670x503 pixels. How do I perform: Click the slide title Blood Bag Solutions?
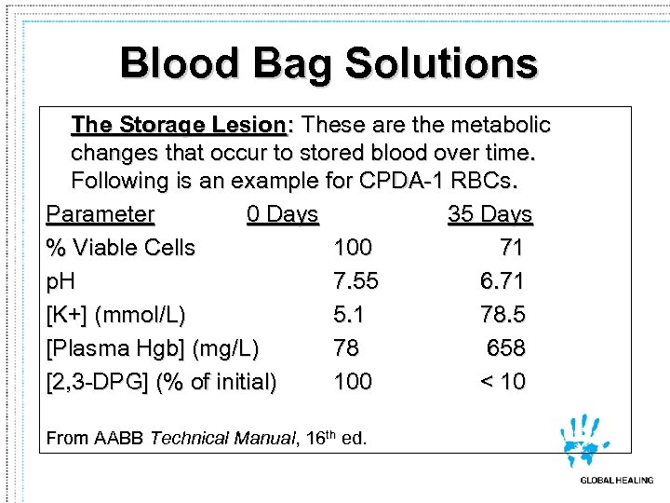pyautogui.click(x=328, y=64)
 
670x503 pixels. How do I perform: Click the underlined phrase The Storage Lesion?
pyautogui.click(x=178, y=125)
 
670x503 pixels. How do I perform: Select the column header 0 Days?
pyautogui.click(x=283, y=214)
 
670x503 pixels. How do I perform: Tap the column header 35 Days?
pyautogui.click(x=489, y=214)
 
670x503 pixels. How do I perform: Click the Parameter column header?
pyautogui.click(x=100, y=214)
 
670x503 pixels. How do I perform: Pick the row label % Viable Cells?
pyautogui.click(x=121, y=248)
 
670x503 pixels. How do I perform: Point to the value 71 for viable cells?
pyautogui.click(x=511, y=248)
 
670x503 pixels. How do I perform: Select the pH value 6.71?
pyautogui.click(x=502, y=281)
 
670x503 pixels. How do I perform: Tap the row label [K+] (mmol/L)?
pyautogui.click(x=116, y=315)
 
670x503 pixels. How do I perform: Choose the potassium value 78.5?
pyautogui.click(x=502, y=315)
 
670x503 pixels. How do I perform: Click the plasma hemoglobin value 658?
pyautogui.click(x=506, y=348)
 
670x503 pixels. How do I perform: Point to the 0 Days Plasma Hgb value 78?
pyautogui.click(x=346, y=348)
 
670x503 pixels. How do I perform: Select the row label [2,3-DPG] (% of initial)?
pyautogui.click(x=161, y=382)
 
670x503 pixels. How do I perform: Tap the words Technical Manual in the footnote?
pyautogui.click(x=220, y=438)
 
